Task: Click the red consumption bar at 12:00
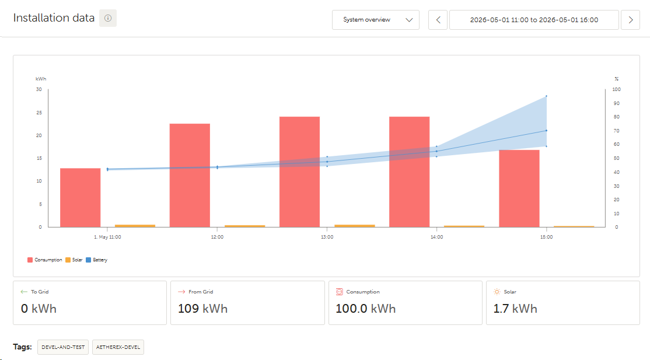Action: [190, 176]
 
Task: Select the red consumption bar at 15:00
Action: [519, 188]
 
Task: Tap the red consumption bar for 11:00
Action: [81, 198]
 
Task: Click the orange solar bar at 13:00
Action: [355, 226]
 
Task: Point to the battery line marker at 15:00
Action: [546, 131]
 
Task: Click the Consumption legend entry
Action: [45, 260]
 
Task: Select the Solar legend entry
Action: [74, 260]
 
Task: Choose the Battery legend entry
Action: [97, 260]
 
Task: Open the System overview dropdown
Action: [376, 20]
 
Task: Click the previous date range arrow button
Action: [438, 20]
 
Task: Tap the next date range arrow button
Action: [631, 20]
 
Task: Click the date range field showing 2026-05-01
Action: [534, 20]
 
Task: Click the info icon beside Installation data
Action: [108, 18]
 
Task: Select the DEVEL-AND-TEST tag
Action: [63, 347]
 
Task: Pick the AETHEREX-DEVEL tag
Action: [118, 347]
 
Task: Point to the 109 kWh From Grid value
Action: [202, 309]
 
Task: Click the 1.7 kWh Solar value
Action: [515, 309]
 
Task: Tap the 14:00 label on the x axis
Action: [436, 237]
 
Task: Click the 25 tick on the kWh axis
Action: [39, 113]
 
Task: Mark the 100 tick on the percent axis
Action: [616, 90]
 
